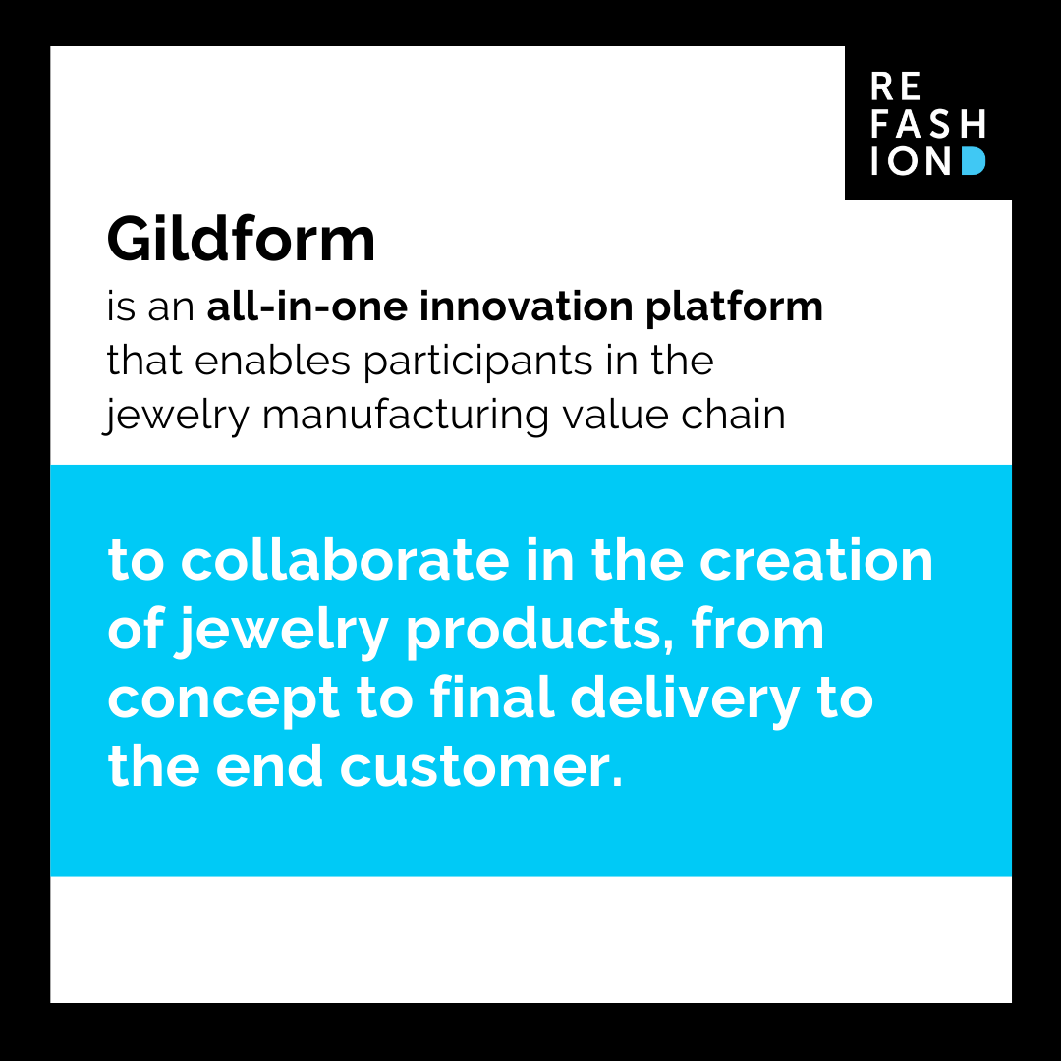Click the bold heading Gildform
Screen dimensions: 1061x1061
click(241, 239)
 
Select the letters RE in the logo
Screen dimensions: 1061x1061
click(895, 87)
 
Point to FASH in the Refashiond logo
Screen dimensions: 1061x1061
click(927, 124)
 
